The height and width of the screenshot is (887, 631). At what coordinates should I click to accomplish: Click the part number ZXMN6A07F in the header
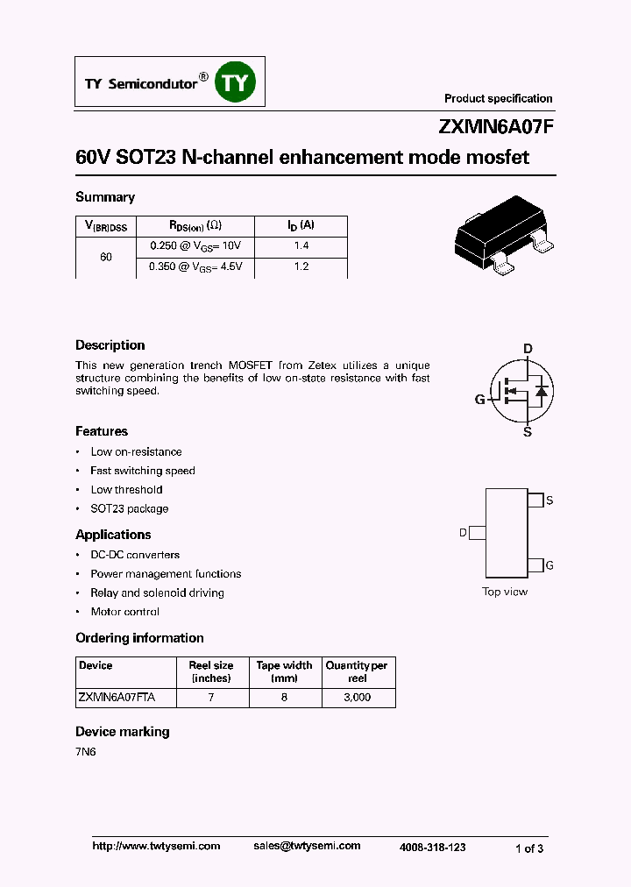(496, 127)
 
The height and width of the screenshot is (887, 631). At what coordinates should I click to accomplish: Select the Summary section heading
(105, 197)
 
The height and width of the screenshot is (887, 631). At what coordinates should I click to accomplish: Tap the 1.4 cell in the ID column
(301, 246)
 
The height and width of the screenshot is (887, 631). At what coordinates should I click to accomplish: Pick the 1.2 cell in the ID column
(301, 266)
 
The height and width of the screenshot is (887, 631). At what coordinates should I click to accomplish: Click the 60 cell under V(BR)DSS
(106, 257)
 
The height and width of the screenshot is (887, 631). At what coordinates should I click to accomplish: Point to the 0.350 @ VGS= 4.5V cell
(195, 266)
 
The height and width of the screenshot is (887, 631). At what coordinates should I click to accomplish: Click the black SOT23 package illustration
(504, 236)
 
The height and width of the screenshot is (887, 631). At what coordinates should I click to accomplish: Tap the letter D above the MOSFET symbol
(528, 349)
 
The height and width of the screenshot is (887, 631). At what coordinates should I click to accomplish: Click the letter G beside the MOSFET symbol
(479, 400)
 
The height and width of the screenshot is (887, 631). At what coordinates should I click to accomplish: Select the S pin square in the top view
(535, 500)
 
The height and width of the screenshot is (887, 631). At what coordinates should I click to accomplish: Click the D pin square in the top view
(478, 533)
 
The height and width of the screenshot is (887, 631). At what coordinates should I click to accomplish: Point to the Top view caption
(505, 592)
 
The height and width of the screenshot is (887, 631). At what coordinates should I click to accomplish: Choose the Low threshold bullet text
(126, 490)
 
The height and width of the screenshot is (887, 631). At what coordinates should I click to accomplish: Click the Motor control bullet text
(125, 612)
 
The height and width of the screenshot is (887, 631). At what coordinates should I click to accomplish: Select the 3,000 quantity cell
(357, 698)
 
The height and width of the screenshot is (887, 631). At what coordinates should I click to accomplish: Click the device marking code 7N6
(85, 752)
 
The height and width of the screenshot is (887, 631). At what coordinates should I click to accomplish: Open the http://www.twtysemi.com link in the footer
(156, 846)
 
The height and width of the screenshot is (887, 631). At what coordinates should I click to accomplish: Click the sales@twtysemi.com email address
(307, 846)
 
